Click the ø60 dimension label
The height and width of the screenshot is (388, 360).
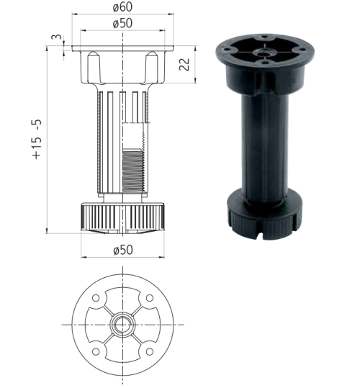tap(122, 6)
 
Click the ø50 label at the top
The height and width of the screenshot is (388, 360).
tap(122, 23)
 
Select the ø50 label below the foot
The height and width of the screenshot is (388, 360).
tap(123, 250)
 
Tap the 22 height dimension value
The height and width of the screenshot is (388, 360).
tap(184, 64)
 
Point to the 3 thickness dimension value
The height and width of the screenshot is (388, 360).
tap(57, 37)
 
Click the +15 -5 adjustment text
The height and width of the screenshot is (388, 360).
tap(37, 140)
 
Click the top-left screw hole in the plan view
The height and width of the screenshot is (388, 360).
tap(96, 298)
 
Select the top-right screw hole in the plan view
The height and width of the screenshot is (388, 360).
tap(150, 298)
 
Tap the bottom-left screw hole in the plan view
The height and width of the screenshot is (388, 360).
tap(96, 351)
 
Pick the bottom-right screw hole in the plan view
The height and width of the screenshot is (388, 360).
tap(150, 351)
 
